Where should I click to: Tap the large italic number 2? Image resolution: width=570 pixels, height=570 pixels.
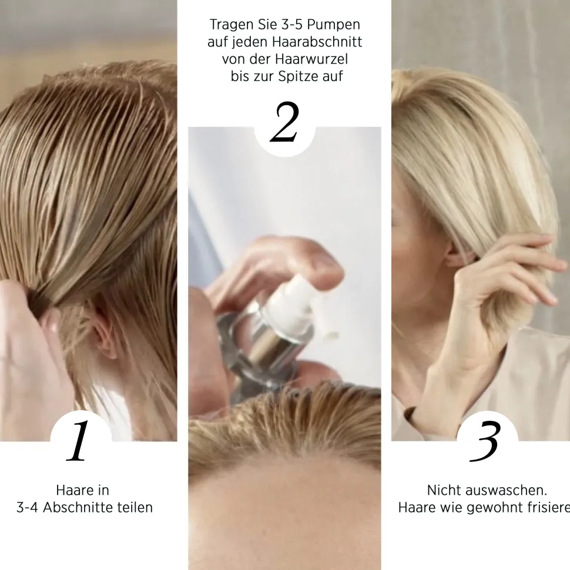[284, 124]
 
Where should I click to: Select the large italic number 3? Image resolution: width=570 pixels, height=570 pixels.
[485, 442]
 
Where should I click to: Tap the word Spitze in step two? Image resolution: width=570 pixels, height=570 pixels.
[297, 77]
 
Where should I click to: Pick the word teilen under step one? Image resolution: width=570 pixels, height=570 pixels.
[133, 507]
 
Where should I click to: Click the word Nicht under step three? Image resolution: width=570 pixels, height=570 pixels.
[444, 490]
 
